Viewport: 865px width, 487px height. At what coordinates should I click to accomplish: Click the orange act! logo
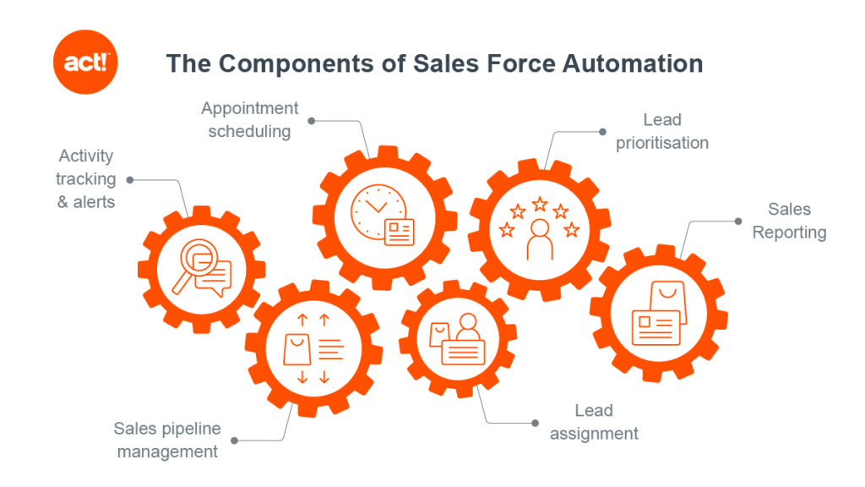[85, 62]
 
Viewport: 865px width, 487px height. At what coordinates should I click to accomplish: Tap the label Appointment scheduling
[249, 120]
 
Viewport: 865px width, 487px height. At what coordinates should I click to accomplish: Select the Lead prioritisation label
[662, 131]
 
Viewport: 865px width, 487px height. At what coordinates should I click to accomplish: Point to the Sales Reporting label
[790, 221]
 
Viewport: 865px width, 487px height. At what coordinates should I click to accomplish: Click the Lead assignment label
[594, 422]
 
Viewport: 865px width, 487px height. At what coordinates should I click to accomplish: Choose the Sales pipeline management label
[167, 440]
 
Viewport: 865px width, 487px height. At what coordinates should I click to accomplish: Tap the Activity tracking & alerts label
[86, 179]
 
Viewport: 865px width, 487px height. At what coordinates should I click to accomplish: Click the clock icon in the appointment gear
[378, 212]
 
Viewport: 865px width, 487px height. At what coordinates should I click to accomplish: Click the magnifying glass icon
[194, 265]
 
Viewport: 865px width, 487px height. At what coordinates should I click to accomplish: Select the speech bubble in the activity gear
[214, 279]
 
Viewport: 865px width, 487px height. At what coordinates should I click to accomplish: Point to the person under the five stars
[540, 239]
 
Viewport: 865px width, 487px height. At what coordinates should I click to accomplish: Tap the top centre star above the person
[540, 205]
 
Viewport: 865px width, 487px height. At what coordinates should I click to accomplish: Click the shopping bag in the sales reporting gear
[669, 303]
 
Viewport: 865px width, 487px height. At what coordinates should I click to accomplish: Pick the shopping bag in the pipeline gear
[296, 349]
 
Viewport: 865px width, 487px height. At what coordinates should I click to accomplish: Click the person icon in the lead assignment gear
[468, 327]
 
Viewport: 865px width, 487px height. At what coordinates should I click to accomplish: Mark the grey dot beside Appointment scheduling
[312, 121]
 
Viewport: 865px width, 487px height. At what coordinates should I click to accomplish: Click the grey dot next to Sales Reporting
[738, 222]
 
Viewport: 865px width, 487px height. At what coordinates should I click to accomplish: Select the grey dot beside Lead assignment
[535, 423]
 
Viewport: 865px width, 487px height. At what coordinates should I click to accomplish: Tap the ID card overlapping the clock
[400, 232]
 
